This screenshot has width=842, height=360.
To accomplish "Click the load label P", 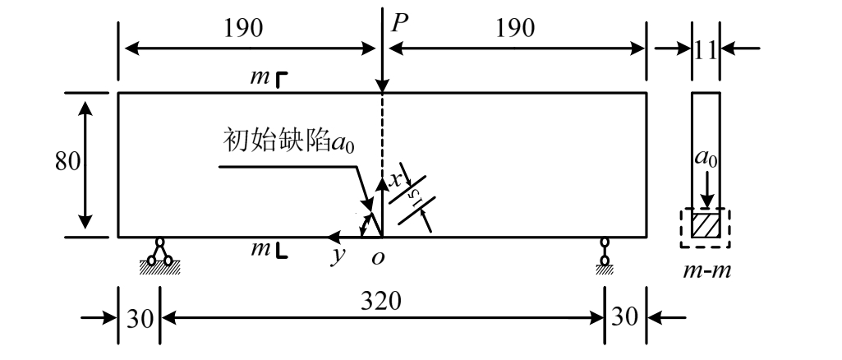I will click(x=399, y=22).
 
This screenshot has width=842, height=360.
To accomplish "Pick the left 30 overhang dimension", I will click(x=139, y=316).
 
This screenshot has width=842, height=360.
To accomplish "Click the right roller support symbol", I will click(x=605, y=253).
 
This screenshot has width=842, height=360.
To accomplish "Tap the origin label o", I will click(x=379, y=257).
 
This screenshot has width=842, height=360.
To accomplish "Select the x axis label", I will click(x=395, y=178).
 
